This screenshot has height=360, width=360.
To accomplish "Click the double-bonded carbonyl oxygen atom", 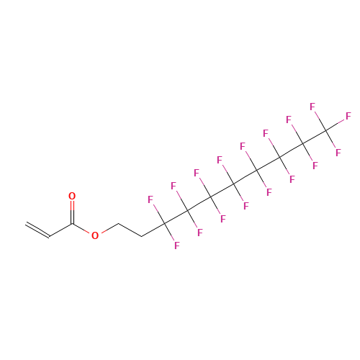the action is [72, 196].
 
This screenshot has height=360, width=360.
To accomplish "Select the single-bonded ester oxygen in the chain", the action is [95, 235].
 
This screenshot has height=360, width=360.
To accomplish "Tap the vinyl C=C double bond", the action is [37, 230].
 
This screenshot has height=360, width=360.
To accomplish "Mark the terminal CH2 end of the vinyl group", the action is [26, 224].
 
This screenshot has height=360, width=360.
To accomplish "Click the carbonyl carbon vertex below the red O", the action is [72, 225].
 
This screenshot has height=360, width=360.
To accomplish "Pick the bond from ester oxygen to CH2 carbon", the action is [109, 228].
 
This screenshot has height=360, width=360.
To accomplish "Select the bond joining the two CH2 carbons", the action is [130, 230].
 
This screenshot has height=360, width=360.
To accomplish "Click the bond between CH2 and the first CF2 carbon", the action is [153, 230].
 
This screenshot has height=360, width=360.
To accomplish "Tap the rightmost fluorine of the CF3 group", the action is [348, 116].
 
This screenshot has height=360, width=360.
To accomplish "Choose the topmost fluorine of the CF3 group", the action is [312, 107].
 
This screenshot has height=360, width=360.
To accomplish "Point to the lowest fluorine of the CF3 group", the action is [338, 153].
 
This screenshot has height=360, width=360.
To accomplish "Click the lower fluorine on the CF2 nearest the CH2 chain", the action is [177, 246].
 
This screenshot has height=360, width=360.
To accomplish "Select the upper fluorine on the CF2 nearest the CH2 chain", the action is [150, 199].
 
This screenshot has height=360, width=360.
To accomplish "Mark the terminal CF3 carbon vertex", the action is [325, 130].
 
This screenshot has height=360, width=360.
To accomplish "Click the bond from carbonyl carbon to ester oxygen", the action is [81, 229].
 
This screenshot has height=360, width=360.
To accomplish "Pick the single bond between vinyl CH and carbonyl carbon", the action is [60, 230].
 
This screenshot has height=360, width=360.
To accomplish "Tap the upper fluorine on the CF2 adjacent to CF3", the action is [289, 120].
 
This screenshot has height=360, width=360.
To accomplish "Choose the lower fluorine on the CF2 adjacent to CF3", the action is [315, 166].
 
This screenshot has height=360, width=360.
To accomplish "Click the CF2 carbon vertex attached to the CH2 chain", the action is [164, 224].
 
